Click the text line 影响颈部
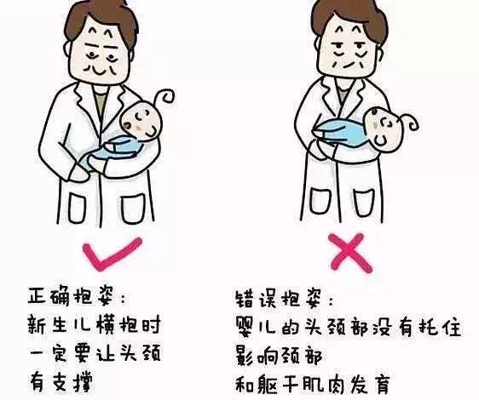point(278,353)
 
